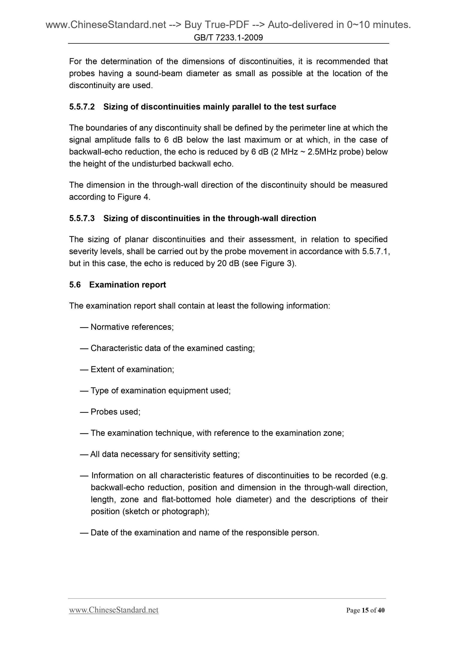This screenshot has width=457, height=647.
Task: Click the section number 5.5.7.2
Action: tap(82, 107)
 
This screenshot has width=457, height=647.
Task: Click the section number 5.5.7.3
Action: tap(82, 218)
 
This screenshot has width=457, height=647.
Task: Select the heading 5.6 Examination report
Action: tap(117, 285)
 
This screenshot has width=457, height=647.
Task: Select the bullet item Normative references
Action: tap(132, 327)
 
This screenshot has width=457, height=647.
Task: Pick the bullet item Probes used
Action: tap(115, 412)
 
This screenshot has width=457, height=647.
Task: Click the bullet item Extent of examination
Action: tap(132, 369)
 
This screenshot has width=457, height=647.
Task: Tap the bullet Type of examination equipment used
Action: tap(160, 391)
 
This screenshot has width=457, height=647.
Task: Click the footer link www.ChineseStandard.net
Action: tap(114, 610)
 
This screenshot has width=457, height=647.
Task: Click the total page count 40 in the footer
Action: tap(381, 610)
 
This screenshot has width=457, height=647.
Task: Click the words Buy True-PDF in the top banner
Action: tap(217, 25)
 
